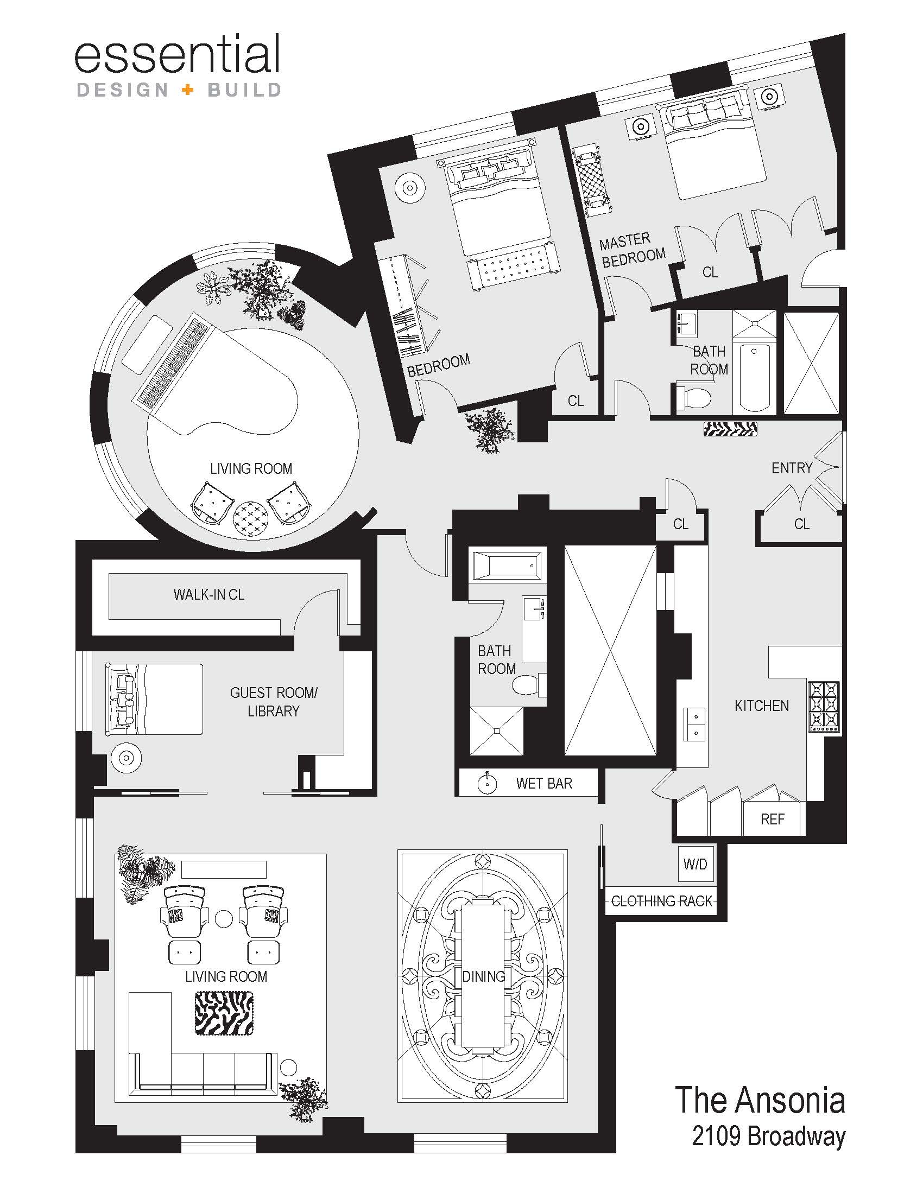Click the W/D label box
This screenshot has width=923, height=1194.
coord(696,864)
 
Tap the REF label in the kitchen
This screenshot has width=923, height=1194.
coord(772,819)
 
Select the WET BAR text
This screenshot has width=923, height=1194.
coord(544,783)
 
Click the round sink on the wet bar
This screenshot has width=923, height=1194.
coord(486,783)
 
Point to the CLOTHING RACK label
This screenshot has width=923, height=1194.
coord(662,901)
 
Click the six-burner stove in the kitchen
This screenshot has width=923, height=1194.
coord(824,706)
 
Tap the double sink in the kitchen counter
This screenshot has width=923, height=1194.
coord(694,723)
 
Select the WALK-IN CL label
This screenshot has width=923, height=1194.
coord(209,594)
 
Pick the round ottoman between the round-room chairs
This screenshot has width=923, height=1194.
coord(251,518)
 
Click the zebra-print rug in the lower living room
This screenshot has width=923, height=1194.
coord(224,1014)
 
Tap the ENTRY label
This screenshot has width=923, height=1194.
coord(792,468)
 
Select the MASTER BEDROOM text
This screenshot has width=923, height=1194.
coord(632,249)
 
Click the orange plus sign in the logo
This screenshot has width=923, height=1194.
coord(187,90)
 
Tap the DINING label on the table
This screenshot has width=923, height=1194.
coord(483,976)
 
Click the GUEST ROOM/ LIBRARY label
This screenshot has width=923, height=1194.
coord(274,702)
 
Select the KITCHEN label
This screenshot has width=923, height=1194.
coord(762,706)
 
